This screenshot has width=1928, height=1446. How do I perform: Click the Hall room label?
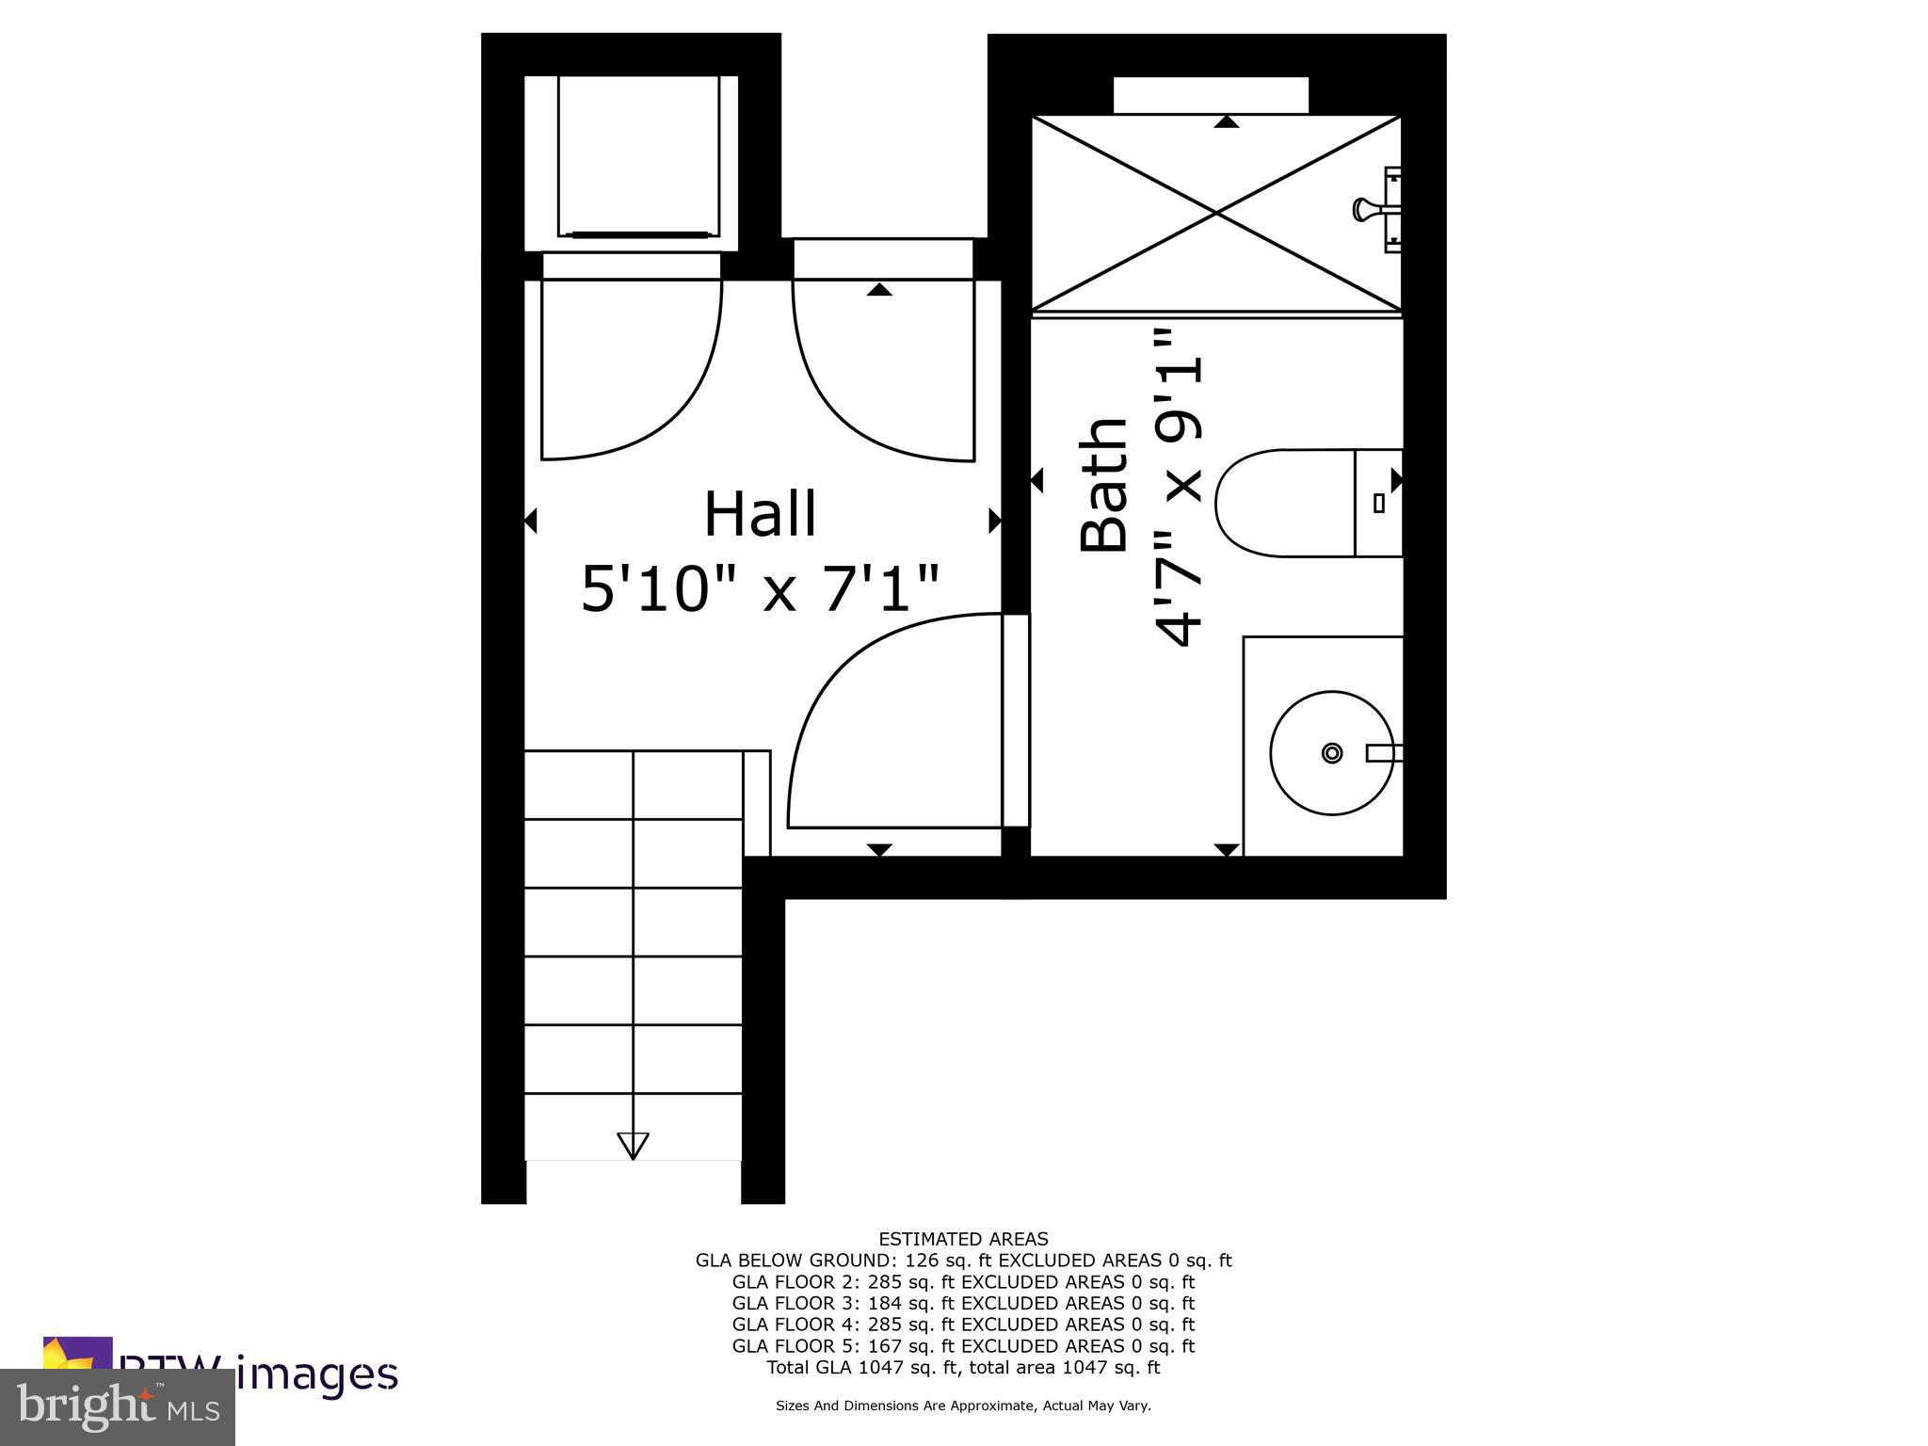[760, 514]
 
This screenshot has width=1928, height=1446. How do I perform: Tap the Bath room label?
[1104, 484]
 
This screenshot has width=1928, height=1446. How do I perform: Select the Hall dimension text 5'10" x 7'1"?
[760, 589]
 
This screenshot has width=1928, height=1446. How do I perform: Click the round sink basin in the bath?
[1330, 752]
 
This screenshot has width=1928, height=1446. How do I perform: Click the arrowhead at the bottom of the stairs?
[633, 1145]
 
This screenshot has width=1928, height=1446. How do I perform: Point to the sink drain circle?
[1331, 752]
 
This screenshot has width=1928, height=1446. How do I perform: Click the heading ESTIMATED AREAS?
[963, 1239]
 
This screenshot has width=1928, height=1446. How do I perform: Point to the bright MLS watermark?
[118, 1407]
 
